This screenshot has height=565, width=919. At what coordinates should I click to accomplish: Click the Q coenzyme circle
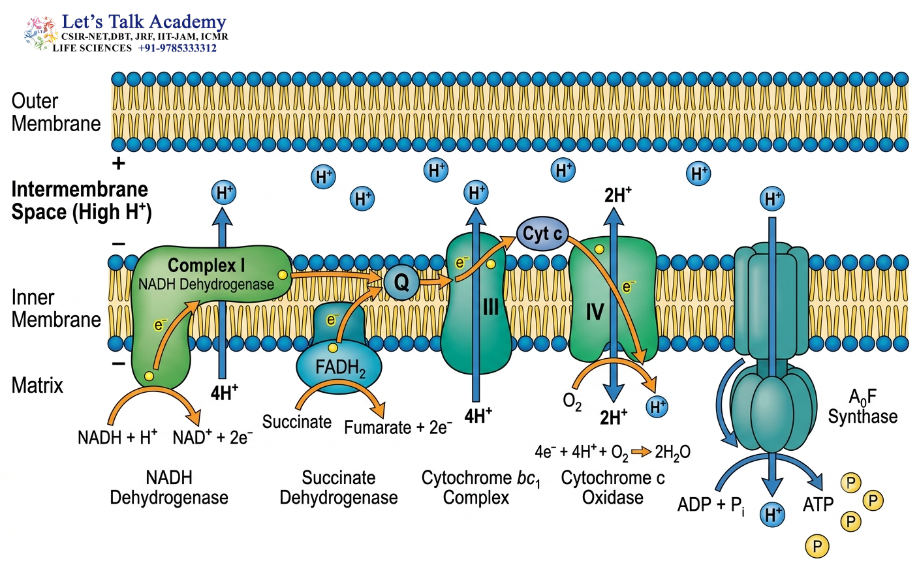(401, 282)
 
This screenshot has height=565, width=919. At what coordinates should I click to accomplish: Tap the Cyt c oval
(542, 234)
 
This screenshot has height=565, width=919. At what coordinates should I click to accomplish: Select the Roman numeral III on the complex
(491, 307)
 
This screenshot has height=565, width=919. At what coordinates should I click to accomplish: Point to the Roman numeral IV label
(595, 312)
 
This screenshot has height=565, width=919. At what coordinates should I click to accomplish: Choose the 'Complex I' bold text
(206, 266)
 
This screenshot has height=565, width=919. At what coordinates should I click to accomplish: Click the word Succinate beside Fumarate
(296, 421)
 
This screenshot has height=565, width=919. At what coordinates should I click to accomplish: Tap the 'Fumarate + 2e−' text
(398, 427)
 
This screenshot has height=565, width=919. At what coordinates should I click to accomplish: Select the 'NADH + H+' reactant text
(117, 437)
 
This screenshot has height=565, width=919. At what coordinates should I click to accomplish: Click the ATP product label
(818, 504)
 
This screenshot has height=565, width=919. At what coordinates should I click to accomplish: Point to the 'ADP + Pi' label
(711, 505)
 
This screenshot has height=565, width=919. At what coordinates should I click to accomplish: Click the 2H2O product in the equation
(673, 452)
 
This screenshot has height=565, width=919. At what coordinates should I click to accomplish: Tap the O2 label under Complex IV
(572, 402)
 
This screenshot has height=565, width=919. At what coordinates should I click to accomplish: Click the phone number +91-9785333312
(178, 48)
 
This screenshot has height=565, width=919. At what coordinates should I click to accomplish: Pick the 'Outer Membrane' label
(55, 112)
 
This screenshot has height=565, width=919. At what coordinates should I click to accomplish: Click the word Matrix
(37, 386)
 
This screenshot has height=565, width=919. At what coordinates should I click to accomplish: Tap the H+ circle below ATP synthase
(772, 515)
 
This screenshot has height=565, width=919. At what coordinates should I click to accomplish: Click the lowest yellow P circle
(817, 546)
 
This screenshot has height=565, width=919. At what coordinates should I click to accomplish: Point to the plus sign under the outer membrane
(119, 164)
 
